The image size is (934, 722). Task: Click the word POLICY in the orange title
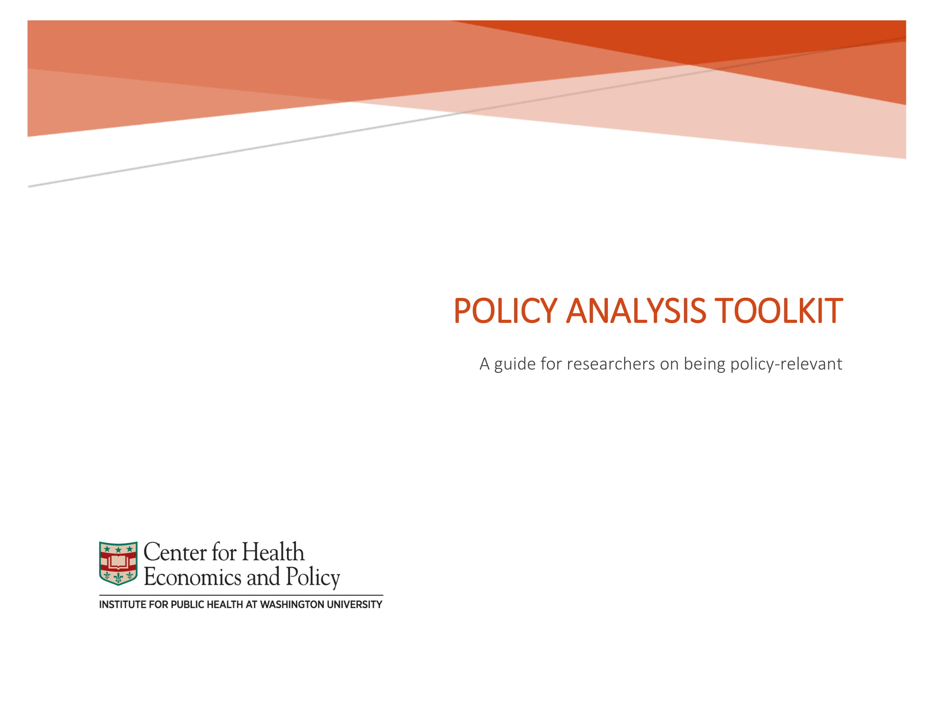505,310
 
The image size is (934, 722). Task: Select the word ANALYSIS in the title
636,310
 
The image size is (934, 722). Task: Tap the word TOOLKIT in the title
779,310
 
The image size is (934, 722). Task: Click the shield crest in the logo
118,563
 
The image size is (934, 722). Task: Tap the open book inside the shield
118,561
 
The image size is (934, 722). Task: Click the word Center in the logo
175,552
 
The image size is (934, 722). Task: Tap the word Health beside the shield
273,552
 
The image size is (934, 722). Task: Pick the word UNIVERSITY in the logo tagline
354,605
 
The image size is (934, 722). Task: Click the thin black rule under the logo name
241,595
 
